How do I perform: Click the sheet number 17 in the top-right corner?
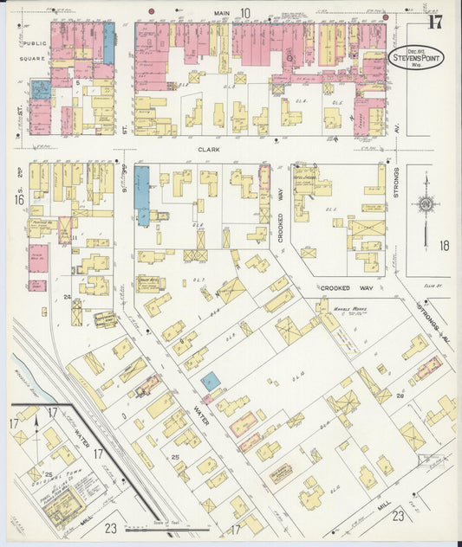coord(434,22)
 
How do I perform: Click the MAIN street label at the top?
coord(222,13)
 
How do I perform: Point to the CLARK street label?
coord(208,149)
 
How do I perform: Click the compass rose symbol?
coord(426,204)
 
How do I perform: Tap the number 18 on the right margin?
coord(444,246)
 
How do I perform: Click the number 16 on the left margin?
coord(19,200)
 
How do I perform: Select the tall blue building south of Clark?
coord(142,196)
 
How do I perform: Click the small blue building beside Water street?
coord(210,379)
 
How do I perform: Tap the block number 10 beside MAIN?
coord(245,13)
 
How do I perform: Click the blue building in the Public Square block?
coord(41,88)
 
